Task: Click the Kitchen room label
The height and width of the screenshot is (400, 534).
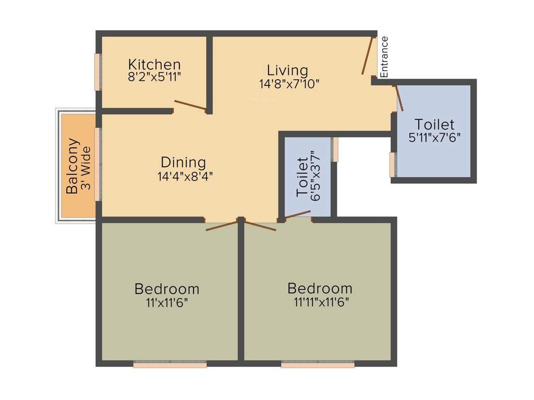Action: point(154,65)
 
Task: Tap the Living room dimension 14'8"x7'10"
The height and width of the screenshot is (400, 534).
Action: point(288,83)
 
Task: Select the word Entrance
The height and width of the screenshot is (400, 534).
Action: point(384,57)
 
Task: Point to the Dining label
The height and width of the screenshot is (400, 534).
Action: point(183,162)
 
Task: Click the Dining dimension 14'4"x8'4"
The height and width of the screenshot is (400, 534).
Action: point(185,176)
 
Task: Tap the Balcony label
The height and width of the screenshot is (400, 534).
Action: point(72,166)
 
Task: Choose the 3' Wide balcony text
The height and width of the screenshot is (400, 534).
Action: point(86,167)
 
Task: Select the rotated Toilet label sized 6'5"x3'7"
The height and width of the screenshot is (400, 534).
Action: point(302,177)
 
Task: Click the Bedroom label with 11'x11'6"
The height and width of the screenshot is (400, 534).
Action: point(166,289)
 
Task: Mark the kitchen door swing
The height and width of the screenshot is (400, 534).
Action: point(190,105)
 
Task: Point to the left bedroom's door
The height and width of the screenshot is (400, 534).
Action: point(222,226)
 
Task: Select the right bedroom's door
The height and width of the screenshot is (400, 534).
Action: point(260,226)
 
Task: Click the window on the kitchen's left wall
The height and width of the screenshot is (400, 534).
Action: point(97,72)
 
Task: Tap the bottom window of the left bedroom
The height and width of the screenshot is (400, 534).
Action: point(170,365)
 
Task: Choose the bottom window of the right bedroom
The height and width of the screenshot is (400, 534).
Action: point(318,365)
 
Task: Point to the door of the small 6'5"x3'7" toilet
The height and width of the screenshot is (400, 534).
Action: point(298,214)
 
